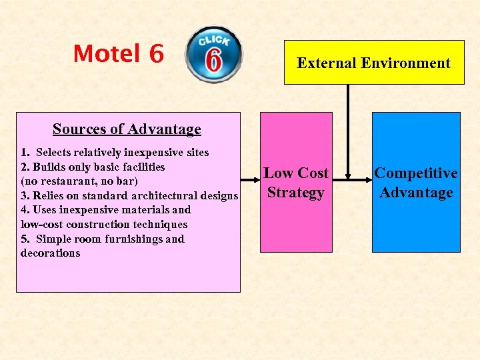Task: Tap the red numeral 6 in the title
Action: coord(157,53)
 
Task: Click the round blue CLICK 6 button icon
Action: coord(214,55)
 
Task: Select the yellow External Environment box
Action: coord(374,63)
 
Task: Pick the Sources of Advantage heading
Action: coord(127,129)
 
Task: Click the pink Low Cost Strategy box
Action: coord(296,182)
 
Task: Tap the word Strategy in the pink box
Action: coord(296,193)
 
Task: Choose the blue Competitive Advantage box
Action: coord(416,182)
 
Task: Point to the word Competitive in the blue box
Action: coord(416,173)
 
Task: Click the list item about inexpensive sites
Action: coord(115,153)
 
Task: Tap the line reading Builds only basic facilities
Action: coord(93,167)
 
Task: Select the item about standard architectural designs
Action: coord(129,195)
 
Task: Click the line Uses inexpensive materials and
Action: coord(105,210)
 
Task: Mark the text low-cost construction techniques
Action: coord(104,225)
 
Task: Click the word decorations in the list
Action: coord(50,253)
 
